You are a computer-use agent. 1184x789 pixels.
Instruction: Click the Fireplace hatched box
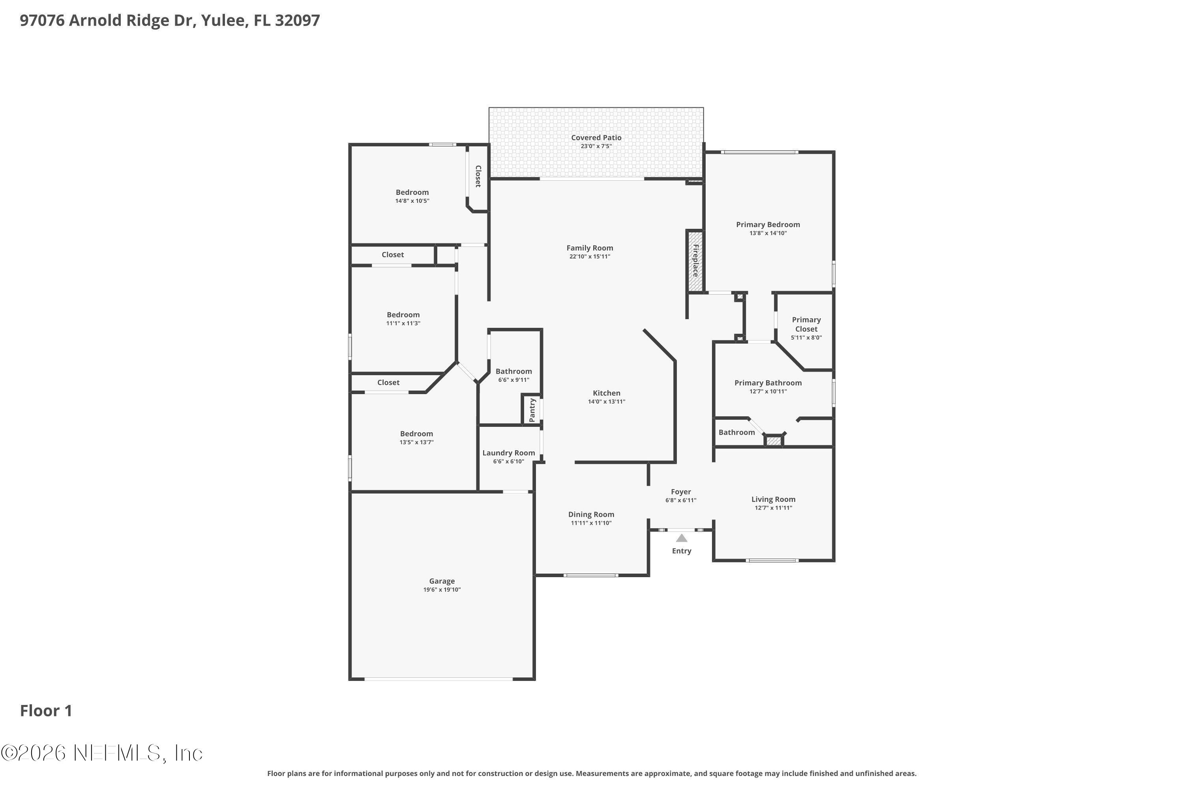[x=695, y=261]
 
